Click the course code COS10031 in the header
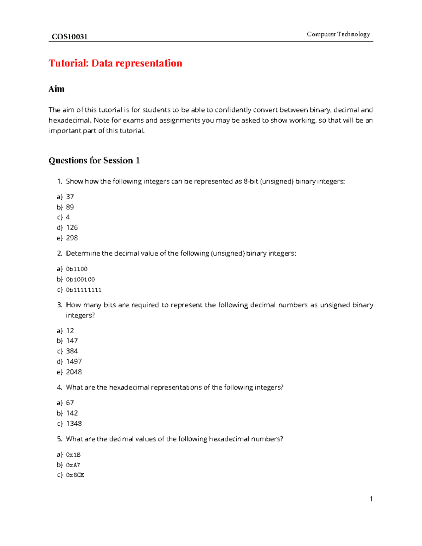click(x=70, y=37)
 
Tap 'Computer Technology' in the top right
click(x=338, y=34)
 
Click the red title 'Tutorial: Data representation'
click(x=115, y=63)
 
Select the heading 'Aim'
click(x=56, y=89)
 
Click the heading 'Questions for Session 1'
click(x=94, y=161)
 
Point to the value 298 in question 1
click(x=72, y=238)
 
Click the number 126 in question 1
click(x=72, y=227)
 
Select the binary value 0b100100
click(x=81, y=280)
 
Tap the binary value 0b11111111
click(x=84, y=290)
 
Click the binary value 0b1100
click(x=77, y=269)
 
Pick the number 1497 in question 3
click(x=74, y=361)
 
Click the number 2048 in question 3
click(x=74, y=372)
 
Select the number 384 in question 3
click(x=72, y=351)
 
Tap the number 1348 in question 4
click(x=74, y=424)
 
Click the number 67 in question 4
click(x=70, y=403)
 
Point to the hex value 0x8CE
click(x=75, y=475)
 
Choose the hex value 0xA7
click(x=73, y=465)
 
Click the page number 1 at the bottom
click(x=371, y=499)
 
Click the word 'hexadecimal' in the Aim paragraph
click(x=69, y=120)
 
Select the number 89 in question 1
click(x=70, y=207)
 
